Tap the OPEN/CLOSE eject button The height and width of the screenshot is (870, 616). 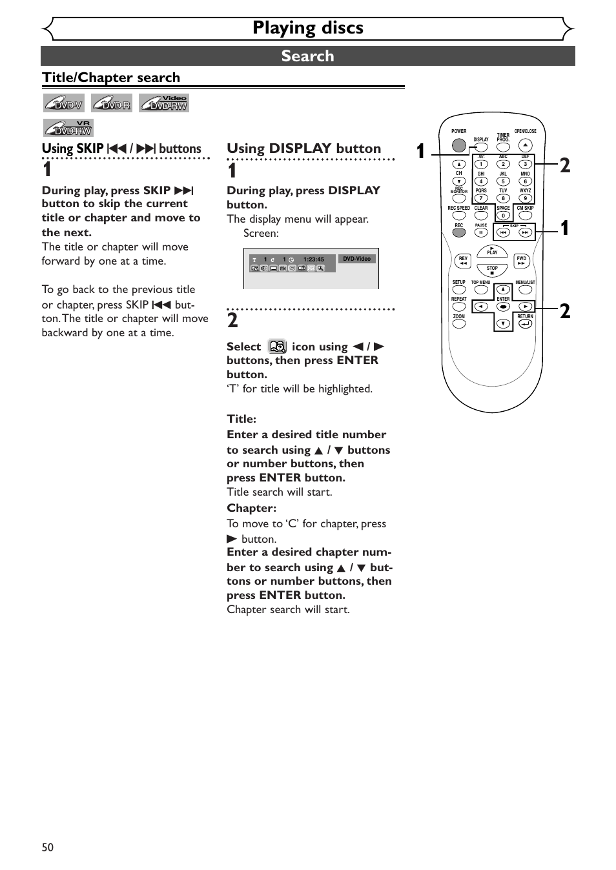[525, 146]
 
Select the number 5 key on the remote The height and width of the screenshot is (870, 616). [503, 181]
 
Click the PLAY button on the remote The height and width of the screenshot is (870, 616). [492, 252]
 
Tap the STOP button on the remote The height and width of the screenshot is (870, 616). [492, 270]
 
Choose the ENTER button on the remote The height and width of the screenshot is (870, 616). [503, 307]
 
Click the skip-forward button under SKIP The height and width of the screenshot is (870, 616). [525, 232]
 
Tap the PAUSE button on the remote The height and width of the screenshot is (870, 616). [481, 232]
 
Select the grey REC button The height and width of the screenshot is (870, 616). [458, 232]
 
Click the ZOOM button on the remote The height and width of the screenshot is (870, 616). [458, 324]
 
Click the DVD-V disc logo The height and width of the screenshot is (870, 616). [64, 103]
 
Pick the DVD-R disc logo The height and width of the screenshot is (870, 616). [112, 103]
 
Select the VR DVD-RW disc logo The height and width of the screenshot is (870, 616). [68, 128]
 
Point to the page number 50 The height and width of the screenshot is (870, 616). [48, 847]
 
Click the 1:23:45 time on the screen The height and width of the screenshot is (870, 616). [314, 259]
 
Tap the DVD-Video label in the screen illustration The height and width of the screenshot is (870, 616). [356, 259]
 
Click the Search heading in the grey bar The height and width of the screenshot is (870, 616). [307, 56]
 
